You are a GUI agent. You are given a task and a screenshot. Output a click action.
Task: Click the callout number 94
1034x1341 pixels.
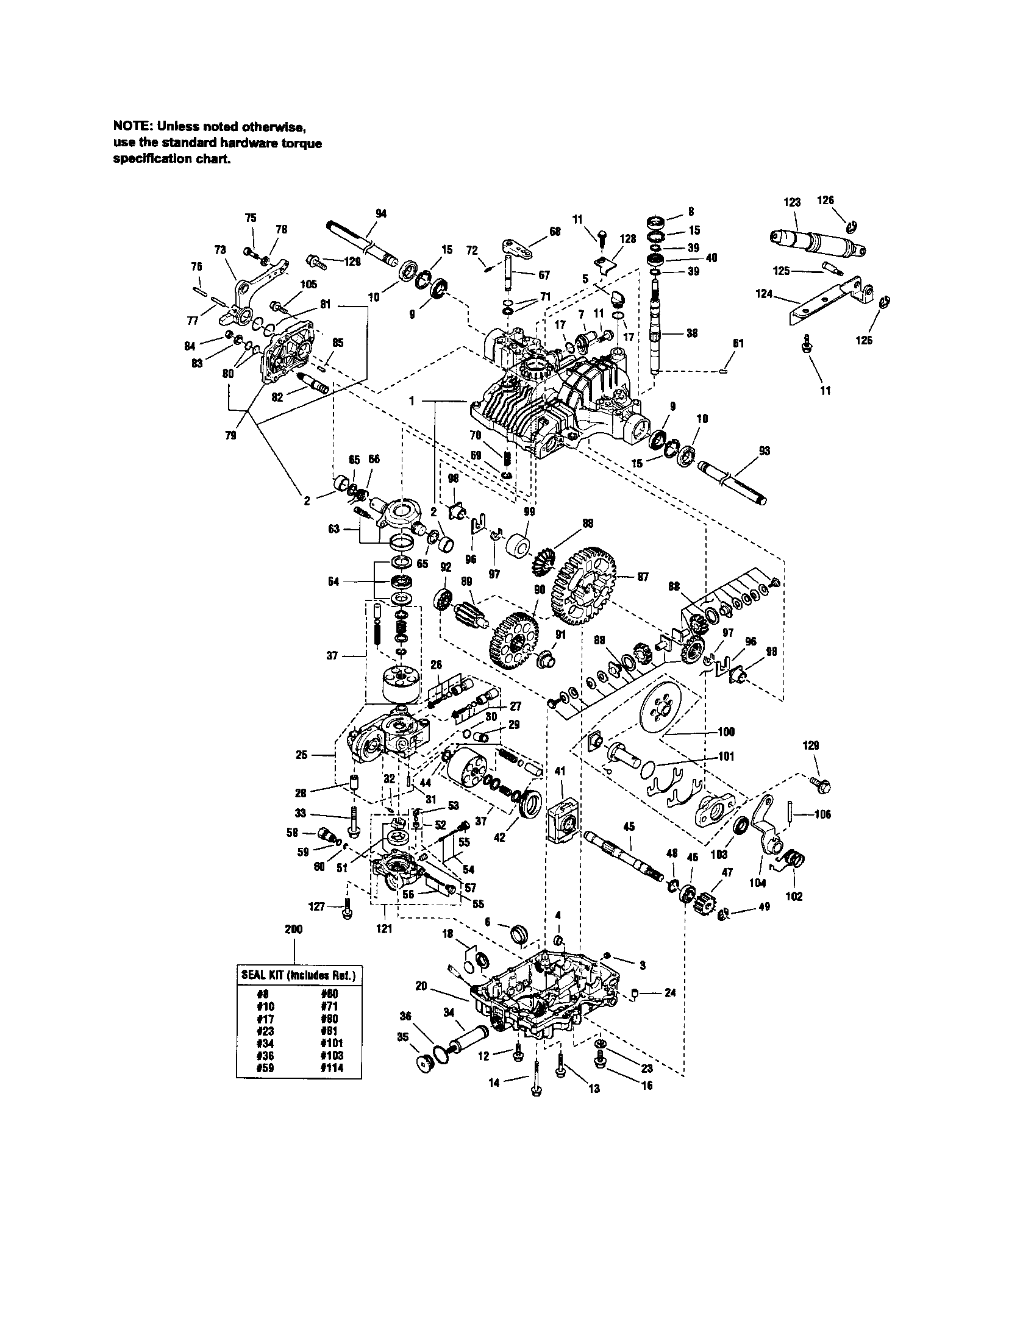(380, 213)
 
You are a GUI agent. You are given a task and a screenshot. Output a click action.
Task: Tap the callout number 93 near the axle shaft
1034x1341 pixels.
(764, 450)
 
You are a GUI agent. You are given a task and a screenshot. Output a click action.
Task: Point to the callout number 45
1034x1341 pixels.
(629, 827)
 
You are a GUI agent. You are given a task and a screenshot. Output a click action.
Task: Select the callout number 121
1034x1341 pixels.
(383, 929)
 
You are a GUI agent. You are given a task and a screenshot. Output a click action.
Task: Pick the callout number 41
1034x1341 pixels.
(559, 770)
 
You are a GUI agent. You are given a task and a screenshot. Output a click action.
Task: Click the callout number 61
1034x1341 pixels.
(738, 344)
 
